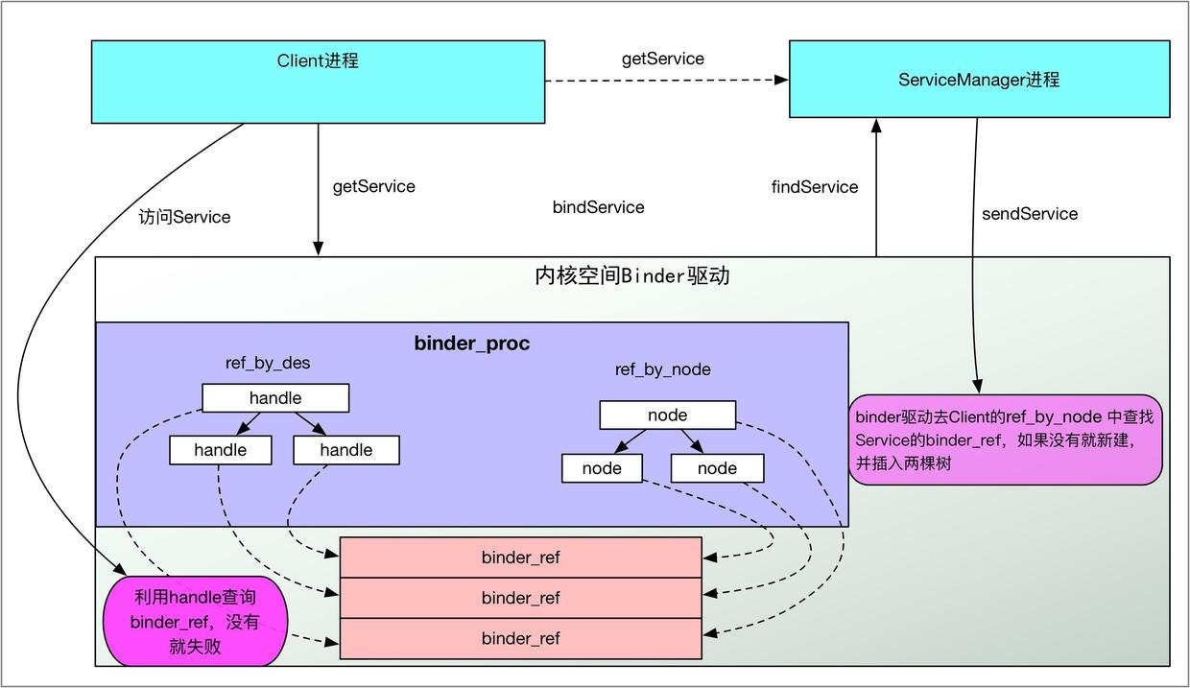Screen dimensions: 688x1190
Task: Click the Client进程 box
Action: point(318,82)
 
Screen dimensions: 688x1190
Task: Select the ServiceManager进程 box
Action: point(979,80)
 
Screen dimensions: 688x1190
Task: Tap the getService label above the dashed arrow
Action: point(662,59)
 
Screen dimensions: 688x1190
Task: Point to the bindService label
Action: point(598,207)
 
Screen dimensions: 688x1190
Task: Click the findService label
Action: point(814,187)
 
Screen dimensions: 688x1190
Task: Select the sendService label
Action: point(1029,214)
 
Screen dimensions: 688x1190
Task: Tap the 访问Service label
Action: point(184,218)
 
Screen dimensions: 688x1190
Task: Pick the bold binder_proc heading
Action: point(471,344)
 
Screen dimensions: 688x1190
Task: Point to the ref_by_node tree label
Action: point(662,369)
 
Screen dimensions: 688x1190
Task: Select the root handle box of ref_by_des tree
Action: point(275,398)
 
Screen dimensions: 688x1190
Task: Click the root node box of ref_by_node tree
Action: point(667,415)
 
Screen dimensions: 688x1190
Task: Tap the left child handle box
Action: point(220,450)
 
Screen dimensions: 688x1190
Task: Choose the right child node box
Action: point(717,468)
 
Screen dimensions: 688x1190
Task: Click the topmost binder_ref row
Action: point(520,558)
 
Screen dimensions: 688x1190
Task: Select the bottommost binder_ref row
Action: point(520,639)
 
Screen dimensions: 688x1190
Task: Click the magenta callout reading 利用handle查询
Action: point(195,621)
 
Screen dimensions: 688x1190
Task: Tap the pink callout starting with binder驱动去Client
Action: point(1005,439)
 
